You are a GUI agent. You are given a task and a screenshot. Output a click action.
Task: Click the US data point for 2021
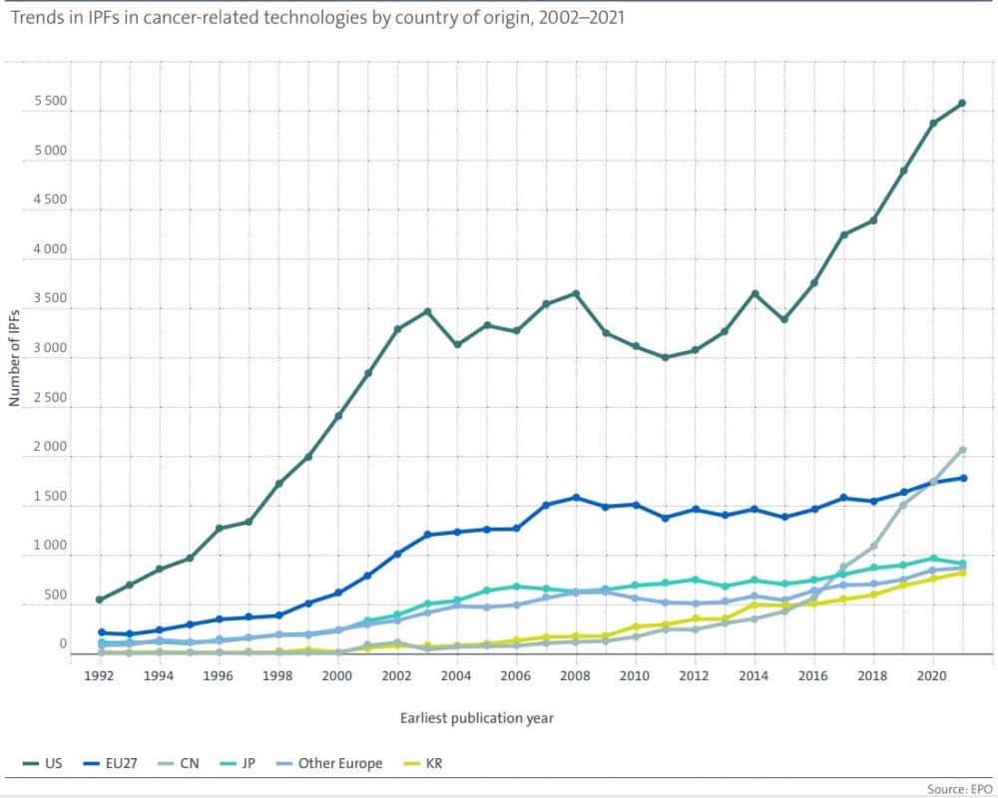click(962, 103)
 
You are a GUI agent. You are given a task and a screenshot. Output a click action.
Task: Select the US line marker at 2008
click(576, 293)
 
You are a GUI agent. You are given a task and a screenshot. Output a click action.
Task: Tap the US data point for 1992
click(100, 599)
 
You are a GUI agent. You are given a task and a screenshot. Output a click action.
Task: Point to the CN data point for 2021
click(962, 450)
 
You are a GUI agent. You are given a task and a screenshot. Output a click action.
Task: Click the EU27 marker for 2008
click(576, 498)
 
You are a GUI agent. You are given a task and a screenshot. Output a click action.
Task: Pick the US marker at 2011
click(665, 357)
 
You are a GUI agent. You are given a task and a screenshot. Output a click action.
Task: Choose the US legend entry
click(45, 763)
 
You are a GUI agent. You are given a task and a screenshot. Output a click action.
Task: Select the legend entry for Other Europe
click(328, 763)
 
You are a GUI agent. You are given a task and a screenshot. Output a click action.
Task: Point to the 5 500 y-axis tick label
click(47, 103)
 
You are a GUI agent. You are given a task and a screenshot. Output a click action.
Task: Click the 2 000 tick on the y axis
click(47, 448)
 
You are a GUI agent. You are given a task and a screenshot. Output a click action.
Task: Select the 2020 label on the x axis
click(932, 674)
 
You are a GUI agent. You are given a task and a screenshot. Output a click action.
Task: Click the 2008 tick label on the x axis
click(576, 674)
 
